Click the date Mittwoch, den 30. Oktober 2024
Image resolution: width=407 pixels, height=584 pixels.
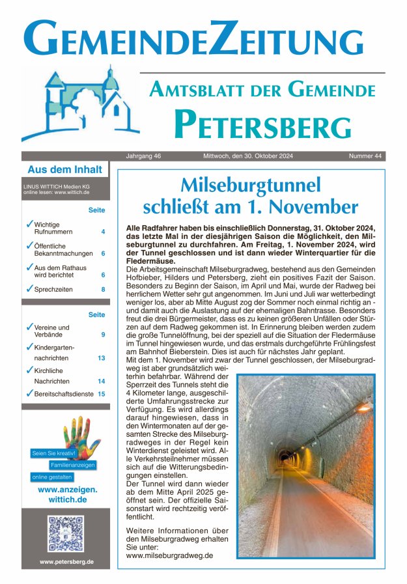coord(239,156)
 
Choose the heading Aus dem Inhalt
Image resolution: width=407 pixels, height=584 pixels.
coord(64,170)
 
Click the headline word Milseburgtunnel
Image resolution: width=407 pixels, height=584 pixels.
coord(251,186)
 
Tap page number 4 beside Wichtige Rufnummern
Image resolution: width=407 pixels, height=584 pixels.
coord(103,232)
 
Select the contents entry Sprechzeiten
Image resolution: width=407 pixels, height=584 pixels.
coord(53,289)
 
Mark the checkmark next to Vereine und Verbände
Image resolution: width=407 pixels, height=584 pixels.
coord(29,327)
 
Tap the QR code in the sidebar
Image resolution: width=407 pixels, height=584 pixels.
coord(66,533)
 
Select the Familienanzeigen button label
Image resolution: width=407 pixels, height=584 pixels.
coord(73,465)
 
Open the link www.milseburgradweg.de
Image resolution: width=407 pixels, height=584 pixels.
coord(169,555)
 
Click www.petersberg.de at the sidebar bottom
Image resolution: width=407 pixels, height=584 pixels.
coord(66,561)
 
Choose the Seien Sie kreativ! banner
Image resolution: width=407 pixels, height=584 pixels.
coord(54,452)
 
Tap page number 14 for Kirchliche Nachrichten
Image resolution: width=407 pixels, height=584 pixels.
coord(102,381)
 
